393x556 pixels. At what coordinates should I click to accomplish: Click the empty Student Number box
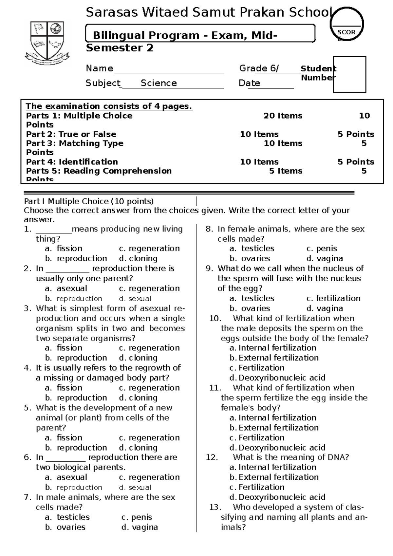tap(349, 75)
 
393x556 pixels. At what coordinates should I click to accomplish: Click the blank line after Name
tap(168, 69)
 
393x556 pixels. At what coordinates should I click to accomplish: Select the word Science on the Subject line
tap(159, 83)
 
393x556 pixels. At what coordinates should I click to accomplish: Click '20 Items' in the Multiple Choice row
tap(283, 116)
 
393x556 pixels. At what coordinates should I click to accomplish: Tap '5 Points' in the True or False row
tap(356, 134)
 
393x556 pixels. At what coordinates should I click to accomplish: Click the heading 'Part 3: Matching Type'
tap(75, 143)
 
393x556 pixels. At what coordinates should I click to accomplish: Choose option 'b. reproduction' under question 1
tap(76, 258)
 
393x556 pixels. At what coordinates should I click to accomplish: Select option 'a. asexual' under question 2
tap(66, 288)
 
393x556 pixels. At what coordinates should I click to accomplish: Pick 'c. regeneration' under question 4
tap(149, 388)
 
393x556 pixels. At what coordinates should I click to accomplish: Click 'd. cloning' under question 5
tap(138, 448)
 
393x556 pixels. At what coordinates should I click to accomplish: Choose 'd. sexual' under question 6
tap(135, 488)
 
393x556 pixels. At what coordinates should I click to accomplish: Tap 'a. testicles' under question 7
tap(67, 517)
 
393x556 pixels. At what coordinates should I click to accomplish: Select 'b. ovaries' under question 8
tap(250, 258)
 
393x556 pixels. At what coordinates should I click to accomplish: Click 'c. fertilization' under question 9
tap(333, 298)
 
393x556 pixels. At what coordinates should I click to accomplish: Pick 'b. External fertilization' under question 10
tap(274, 358)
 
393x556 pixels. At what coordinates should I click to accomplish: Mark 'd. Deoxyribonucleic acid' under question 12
tap(278, 497)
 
